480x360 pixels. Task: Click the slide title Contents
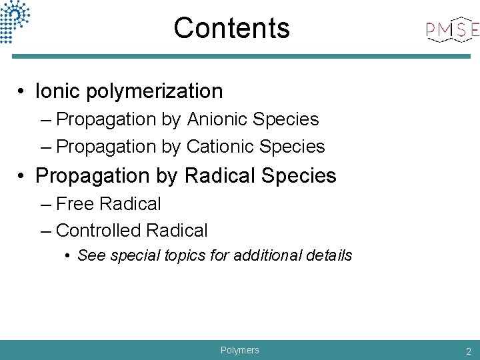tap(231, 28)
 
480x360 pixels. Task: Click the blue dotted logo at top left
tap(15, 20)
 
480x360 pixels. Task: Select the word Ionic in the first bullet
tap(55, 91)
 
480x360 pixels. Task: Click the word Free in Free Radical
tap(74, 203)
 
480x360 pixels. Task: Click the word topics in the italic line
tap(187, 255)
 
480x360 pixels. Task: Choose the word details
tap(330, 255)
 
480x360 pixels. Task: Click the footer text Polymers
tap(239, 350)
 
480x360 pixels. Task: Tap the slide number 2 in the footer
tap(469, 351)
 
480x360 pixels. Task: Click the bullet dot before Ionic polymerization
tap(23, 91)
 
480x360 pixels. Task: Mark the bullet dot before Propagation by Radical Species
tap(23, 176)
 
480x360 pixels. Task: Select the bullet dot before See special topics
tap(69, 256)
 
